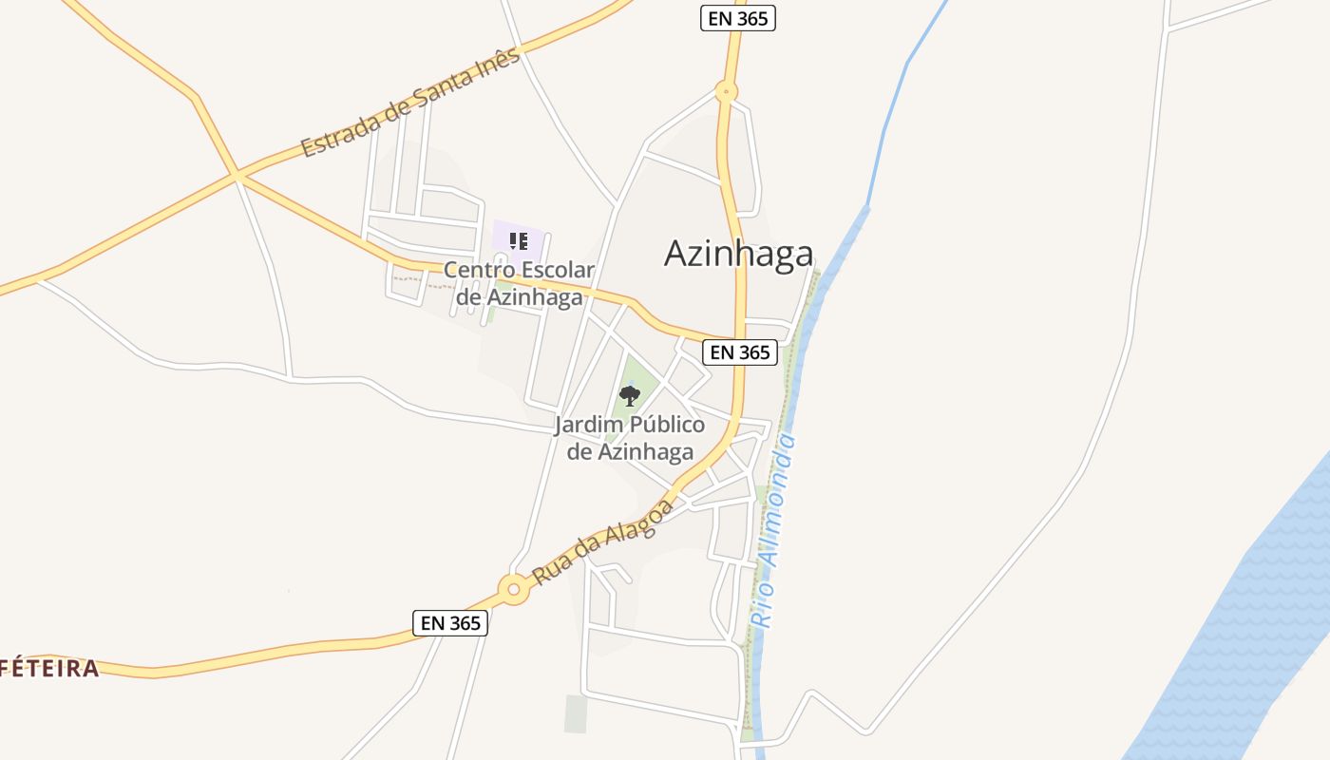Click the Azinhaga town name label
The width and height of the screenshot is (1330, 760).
738,254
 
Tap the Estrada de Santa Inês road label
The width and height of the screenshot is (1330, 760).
410,103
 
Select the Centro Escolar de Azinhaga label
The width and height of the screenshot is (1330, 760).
519,283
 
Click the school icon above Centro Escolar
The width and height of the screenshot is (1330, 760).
518,240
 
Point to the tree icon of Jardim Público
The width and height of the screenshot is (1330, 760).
629,395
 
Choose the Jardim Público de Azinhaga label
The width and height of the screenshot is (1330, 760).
630,438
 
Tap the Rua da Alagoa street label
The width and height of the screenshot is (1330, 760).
603,541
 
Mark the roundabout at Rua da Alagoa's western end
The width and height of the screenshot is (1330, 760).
514,589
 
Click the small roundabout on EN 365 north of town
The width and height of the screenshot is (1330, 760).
727,93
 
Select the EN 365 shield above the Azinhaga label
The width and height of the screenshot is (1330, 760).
738,17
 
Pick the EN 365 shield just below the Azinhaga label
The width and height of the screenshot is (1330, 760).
740,352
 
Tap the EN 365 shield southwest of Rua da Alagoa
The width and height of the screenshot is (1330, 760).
451,623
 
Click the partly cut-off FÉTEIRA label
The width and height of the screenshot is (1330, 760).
49,668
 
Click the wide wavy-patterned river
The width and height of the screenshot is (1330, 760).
1235,646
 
